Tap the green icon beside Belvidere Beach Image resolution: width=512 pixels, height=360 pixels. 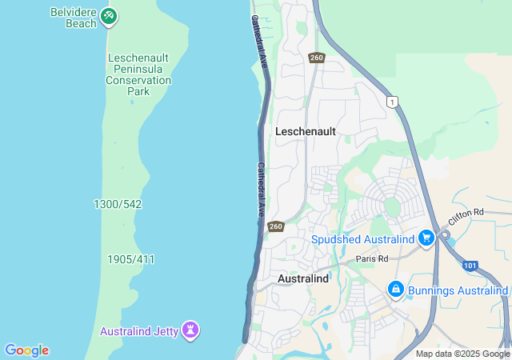(x=110, y=16)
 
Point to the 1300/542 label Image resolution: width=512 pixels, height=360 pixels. (x=118, y=204)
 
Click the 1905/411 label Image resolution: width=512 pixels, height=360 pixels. (x=130, y=259)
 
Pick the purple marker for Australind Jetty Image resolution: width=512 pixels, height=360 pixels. (x=190, y=329)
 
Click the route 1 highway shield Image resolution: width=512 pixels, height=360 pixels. (x=391, y=102)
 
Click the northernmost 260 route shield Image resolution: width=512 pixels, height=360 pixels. (x=316, y=58)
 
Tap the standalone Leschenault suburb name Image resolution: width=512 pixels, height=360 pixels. (x=306, y=130)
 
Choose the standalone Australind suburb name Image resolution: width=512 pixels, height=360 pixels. (x=303, y=278)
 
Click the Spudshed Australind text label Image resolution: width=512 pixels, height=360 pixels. (x=362, y=239)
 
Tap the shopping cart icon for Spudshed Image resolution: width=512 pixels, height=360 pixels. (x=426, y=238)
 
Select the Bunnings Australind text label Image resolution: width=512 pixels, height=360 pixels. (x=457, y=290)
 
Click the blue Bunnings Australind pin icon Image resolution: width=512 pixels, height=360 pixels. (x=395, y=288)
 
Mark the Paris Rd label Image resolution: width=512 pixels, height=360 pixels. (x=372, y=258)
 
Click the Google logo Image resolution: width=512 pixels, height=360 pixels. (x=26, y=350)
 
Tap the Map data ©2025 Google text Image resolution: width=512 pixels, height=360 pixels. (x=462, y=354)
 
